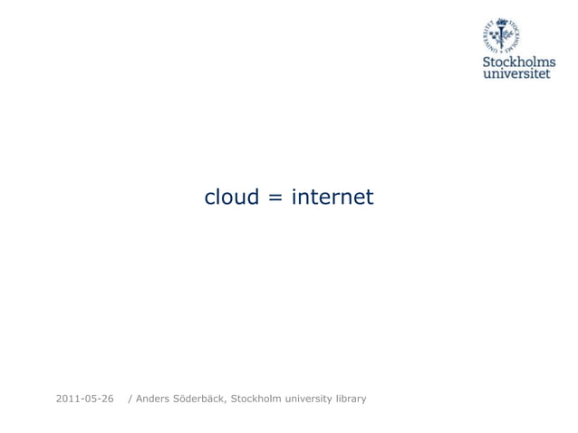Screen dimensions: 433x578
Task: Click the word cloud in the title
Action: tap(232, 197)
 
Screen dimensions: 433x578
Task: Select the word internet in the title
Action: tap(332, 197)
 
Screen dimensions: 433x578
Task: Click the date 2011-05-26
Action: tap(85, 399)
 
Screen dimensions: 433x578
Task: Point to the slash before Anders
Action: tap(130, 399)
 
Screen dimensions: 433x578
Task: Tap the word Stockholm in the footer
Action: tap(257, 399)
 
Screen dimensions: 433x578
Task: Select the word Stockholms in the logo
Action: tap(519, 62)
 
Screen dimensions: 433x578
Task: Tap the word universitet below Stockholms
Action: tap(516, 73)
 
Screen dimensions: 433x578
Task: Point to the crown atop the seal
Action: tap(502, 20)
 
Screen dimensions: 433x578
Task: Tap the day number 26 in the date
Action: tap(107, 399)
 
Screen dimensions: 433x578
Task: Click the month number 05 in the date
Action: tap(90, 399)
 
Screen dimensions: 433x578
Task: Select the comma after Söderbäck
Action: tap(227, 401)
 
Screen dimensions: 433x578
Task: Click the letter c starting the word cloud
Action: tap(210, 198)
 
